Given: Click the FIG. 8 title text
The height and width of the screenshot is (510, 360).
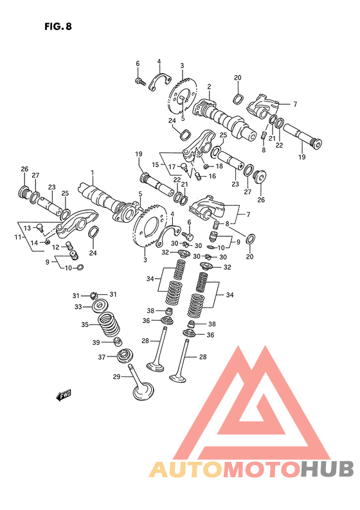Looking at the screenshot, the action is coord(58,26).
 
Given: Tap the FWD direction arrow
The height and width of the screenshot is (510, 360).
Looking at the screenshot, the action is coord(63,395).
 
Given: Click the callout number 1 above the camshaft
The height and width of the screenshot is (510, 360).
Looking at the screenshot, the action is coord(93,171).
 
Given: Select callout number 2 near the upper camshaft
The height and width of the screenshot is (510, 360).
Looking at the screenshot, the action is coord(209,87).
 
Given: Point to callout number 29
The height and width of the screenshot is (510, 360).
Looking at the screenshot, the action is coord(116,376).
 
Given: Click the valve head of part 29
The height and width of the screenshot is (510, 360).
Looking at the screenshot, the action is coord(143,391).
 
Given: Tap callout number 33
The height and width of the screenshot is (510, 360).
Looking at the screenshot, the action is coord(78,307).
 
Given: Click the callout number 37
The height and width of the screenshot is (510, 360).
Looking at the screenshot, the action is coord(102,357).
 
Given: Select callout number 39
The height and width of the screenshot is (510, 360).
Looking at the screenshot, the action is coord(96,342).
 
